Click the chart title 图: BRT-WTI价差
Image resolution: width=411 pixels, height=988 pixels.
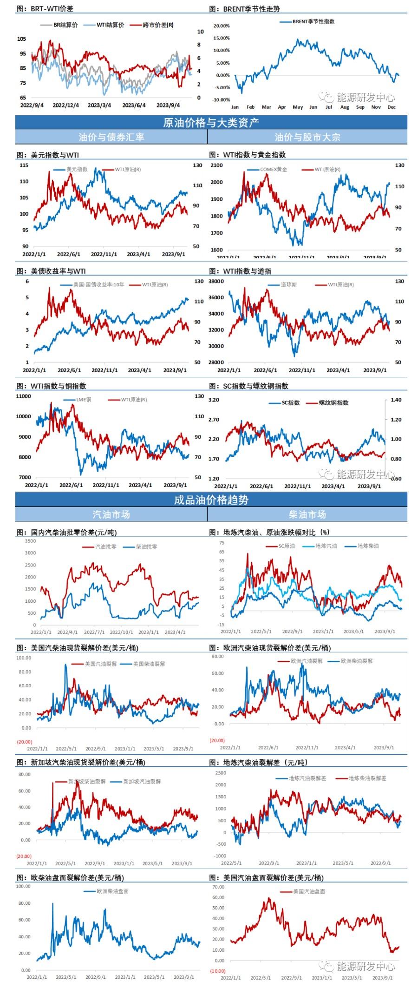coord(45,8)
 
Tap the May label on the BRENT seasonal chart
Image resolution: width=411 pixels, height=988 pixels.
coord(298,107)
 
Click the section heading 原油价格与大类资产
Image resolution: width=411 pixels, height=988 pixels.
coord(211,122)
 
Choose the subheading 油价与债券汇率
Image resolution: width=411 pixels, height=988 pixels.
coord(111,137)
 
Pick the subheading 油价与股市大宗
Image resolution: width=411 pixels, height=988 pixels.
coord(307,137)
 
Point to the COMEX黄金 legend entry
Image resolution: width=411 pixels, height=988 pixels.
coord(273,169)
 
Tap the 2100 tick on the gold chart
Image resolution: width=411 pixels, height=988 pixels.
coord(216,165)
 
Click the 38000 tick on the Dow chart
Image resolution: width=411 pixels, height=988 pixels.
coord(216,281)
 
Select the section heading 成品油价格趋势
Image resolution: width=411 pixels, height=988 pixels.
coord(211,500)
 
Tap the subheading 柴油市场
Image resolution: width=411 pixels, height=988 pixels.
coord(307,514)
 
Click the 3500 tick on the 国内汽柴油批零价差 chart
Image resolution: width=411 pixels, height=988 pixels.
coord(30,541)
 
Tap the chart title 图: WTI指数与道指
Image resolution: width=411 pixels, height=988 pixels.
coord(240,271)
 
